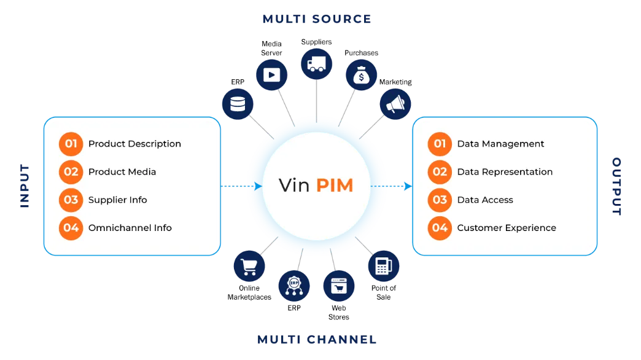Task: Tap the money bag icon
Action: [361, 76]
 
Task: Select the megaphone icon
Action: [395, 104]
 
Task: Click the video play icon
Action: [272, 75]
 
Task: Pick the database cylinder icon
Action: [238, 104]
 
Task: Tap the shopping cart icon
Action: [249, 267]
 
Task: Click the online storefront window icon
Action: [339, 286]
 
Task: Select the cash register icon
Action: [383, 266]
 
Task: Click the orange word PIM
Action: [335, 186]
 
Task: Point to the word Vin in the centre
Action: [294, 186]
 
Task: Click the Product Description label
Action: [134, 144]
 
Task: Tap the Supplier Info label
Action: [117, 200]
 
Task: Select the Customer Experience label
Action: [507, 228]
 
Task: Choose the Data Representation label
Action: [505, 172]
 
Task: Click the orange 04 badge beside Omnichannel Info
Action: [71, 228]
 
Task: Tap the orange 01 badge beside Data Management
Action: [440, 144]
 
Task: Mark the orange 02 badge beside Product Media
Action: [71, 172]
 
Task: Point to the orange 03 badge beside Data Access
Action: [440, 200]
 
